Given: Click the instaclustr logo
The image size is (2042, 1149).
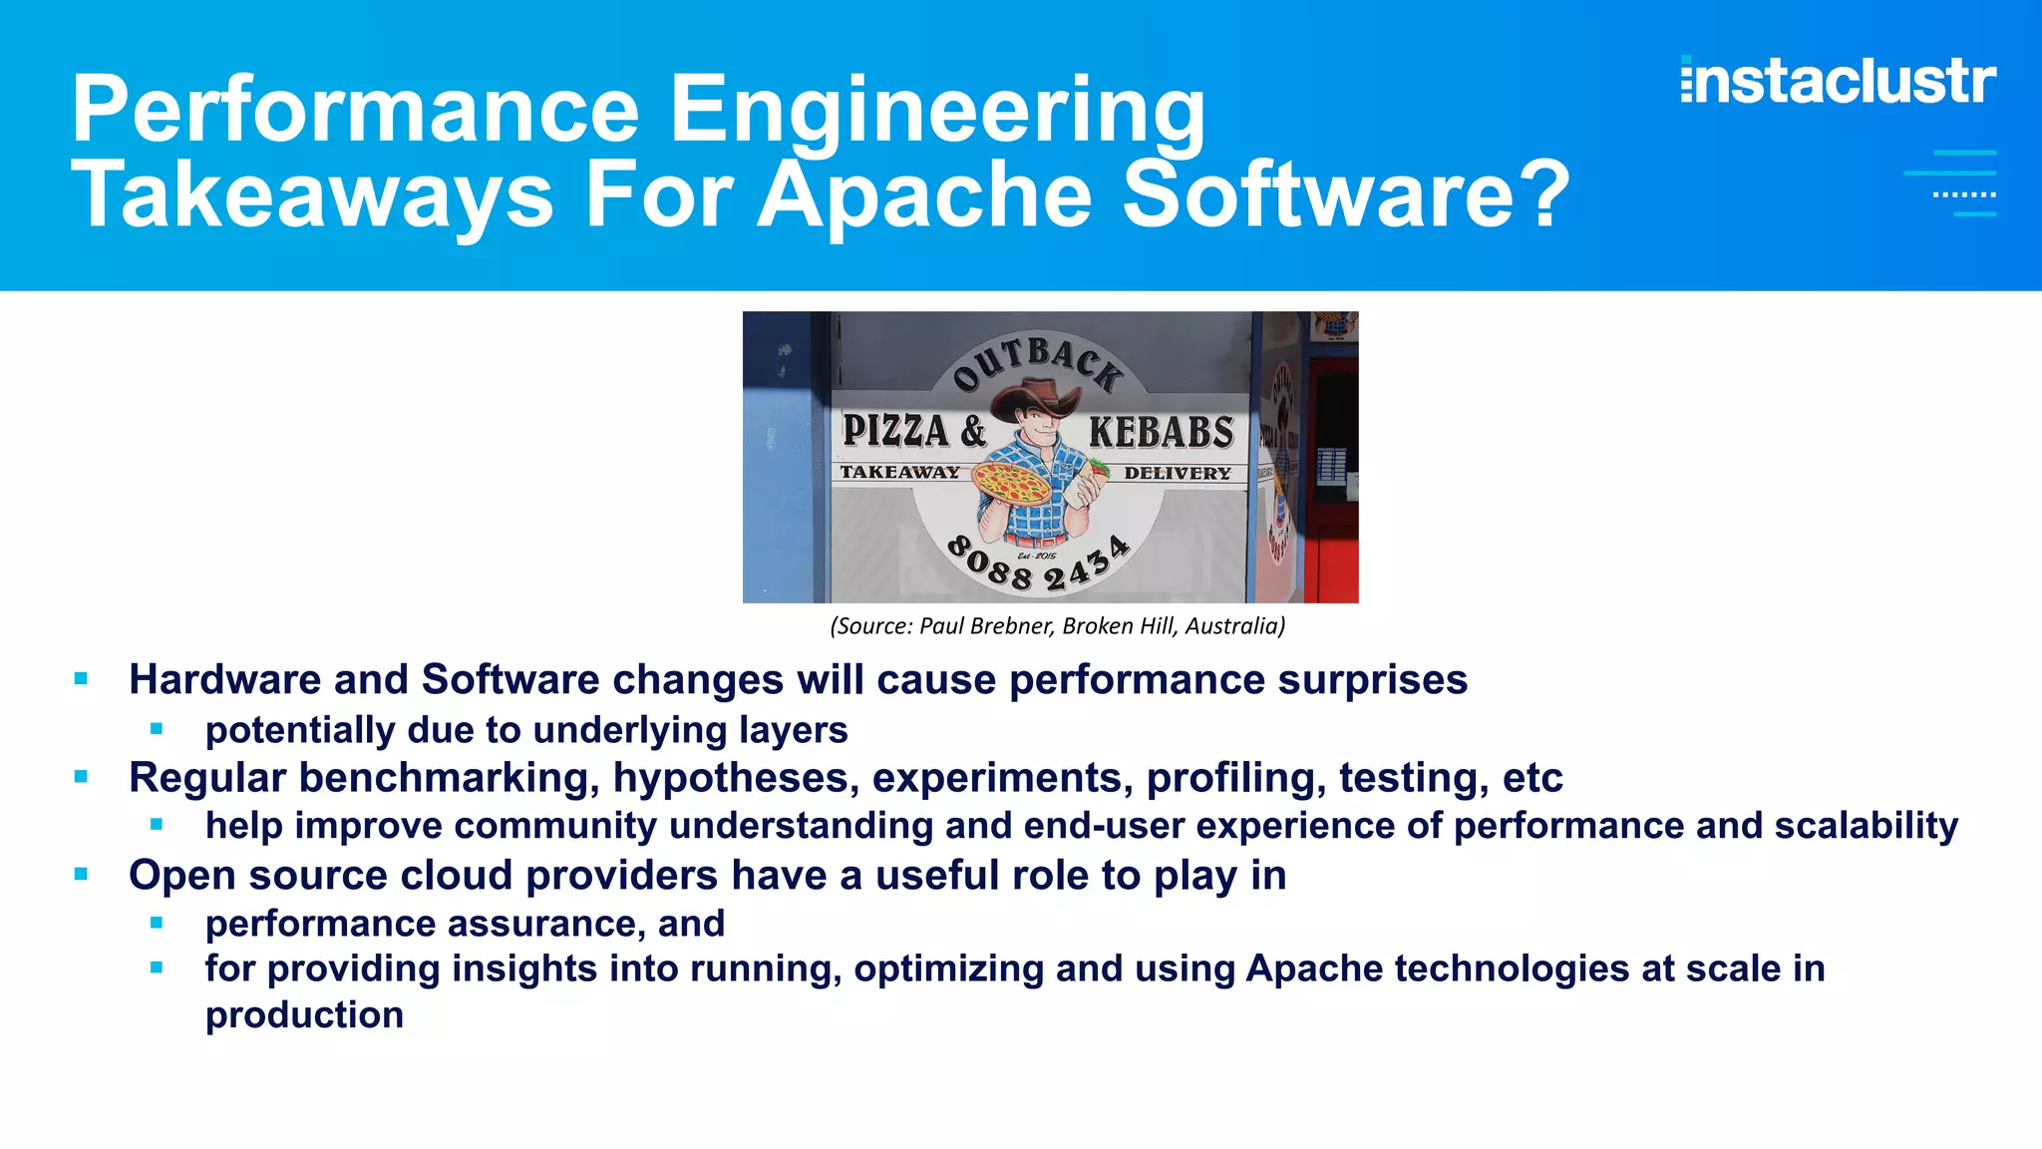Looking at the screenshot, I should [x=1838, y=81].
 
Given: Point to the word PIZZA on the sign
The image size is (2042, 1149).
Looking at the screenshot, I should [x=895, y=431].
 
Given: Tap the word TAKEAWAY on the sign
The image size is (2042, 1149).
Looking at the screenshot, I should [x=899, y=472].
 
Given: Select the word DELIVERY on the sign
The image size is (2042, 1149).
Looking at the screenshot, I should [x=1178, y=473].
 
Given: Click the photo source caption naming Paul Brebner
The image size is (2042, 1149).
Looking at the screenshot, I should [x=1057, y=626].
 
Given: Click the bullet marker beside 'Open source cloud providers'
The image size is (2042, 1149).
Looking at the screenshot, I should [x=82, y=875].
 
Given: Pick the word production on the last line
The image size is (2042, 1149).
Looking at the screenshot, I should [x=304, y=1015].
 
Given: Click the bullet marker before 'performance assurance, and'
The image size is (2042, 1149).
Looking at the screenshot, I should [x=157, y=924].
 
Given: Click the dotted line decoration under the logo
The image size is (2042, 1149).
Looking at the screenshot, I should [x=1963, y=194].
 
